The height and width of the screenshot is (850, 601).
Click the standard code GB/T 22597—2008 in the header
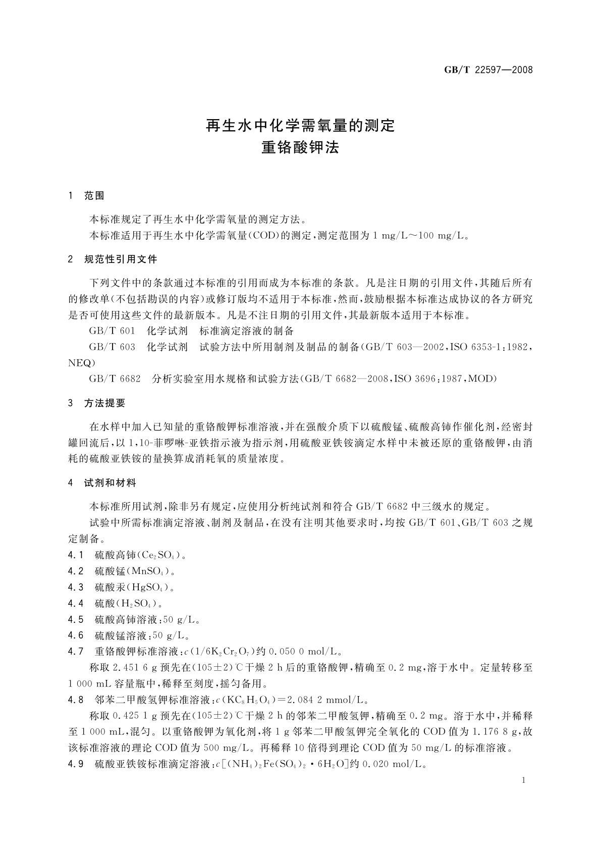pyautogui.click(x=488, y=70)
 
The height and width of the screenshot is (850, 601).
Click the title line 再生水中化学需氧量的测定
pyautogui.click(x=300, y=126)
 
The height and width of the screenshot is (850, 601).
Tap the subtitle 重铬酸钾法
pyautogui.click(x=300, y=147)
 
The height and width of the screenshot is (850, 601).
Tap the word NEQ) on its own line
pyautogui.click(x=81, y=362)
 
